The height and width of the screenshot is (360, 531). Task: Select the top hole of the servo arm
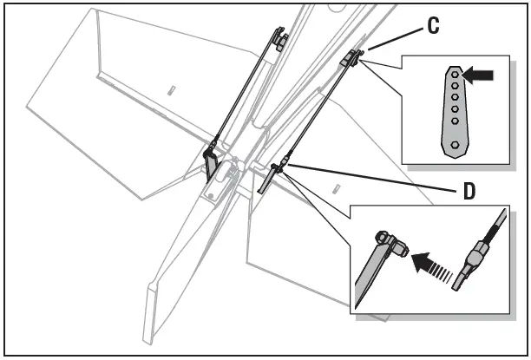pyautogui.click(x=455, y=75)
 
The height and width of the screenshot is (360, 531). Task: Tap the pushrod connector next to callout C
pyautogui.click(x=352, y=58)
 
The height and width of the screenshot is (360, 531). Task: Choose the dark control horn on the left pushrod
pyautogui.click(x=211, y=161)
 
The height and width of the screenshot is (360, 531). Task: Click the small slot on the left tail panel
pyautogui.click(x=171, y=90)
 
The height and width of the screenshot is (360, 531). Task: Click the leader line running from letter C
pyautogui.click(x=395, y=38)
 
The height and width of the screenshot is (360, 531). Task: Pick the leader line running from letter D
pyautogui.click(x=373, y=177)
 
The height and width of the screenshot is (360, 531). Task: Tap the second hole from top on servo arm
pyautogui.click(x=455, y=87)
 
